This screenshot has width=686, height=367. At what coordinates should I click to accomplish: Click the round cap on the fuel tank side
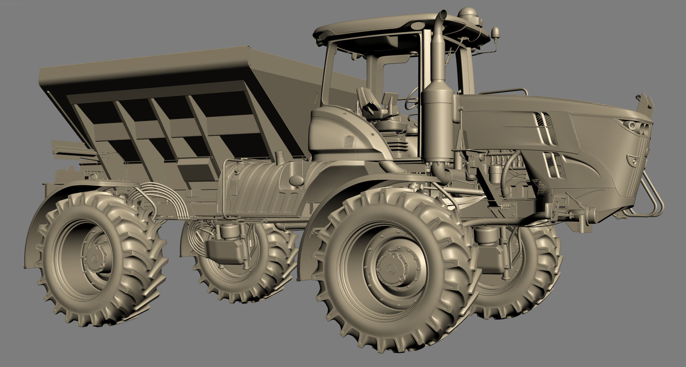coord(296,179)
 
